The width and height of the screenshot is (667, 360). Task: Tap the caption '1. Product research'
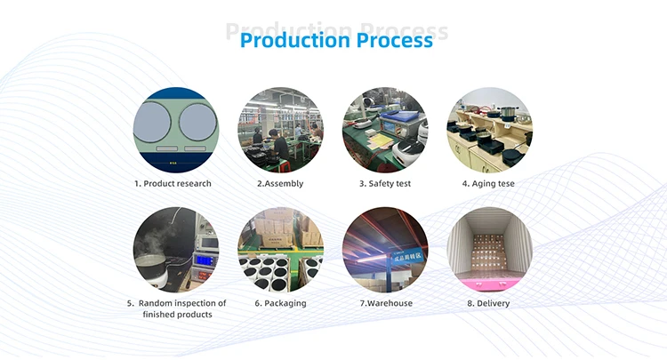[173, 184]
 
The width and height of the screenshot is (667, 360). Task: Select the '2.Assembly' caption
[280, 184]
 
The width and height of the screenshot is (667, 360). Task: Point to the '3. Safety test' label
[384, 184]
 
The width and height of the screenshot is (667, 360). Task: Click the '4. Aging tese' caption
[488, 184]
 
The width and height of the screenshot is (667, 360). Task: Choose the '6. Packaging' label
[280, 303]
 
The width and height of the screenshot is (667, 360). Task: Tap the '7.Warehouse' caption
[384, 303]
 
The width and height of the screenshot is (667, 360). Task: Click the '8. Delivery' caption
[488, 303]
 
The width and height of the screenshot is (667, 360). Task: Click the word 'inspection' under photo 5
[190, 303]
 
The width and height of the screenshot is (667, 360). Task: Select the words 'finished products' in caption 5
[175, 316]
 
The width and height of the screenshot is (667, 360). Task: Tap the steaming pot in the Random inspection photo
[153, 267]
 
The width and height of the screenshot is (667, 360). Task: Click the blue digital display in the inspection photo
[205, 260]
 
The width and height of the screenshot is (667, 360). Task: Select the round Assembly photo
[280, 130]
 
